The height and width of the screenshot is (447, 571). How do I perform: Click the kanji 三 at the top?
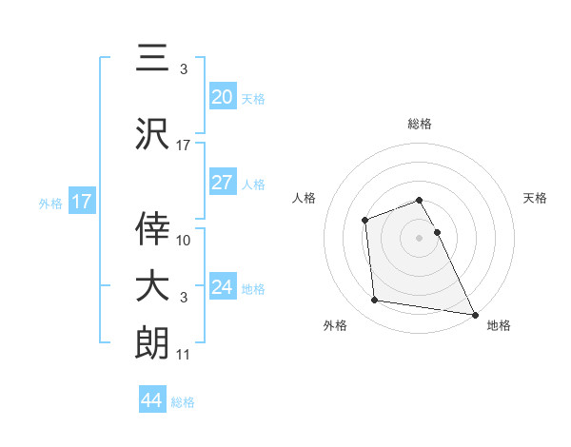coord(152,59)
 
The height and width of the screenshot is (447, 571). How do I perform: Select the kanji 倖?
coord(152,228)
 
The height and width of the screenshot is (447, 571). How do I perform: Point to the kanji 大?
coord(152,285)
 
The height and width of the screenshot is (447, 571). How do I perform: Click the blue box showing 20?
coord(222,96)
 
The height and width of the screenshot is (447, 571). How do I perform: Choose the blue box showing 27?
coord(222,183)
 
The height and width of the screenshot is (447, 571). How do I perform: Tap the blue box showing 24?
coord(222,287)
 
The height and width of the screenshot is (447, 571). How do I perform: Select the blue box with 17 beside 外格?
coord(81,202)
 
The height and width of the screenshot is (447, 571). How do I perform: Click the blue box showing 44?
coord(151,400)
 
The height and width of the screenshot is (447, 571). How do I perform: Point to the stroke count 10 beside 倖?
coord(184,240)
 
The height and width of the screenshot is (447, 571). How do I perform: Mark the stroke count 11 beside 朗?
coord(184,355)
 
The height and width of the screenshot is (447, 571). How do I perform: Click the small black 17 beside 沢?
coord(184,145)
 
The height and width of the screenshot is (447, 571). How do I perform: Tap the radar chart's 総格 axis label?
coord(420,124)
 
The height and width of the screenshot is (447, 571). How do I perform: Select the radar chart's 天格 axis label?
coord(536,198)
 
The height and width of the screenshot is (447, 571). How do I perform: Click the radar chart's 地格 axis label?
coord(499,325)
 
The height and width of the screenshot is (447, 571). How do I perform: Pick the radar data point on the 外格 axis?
coord(375,301)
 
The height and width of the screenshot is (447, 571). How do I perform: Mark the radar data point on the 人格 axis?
coord(364,221)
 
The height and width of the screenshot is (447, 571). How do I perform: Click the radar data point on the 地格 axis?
coord(474,315)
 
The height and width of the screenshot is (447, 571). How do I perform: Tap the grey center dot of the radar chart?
coord(420,238)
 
